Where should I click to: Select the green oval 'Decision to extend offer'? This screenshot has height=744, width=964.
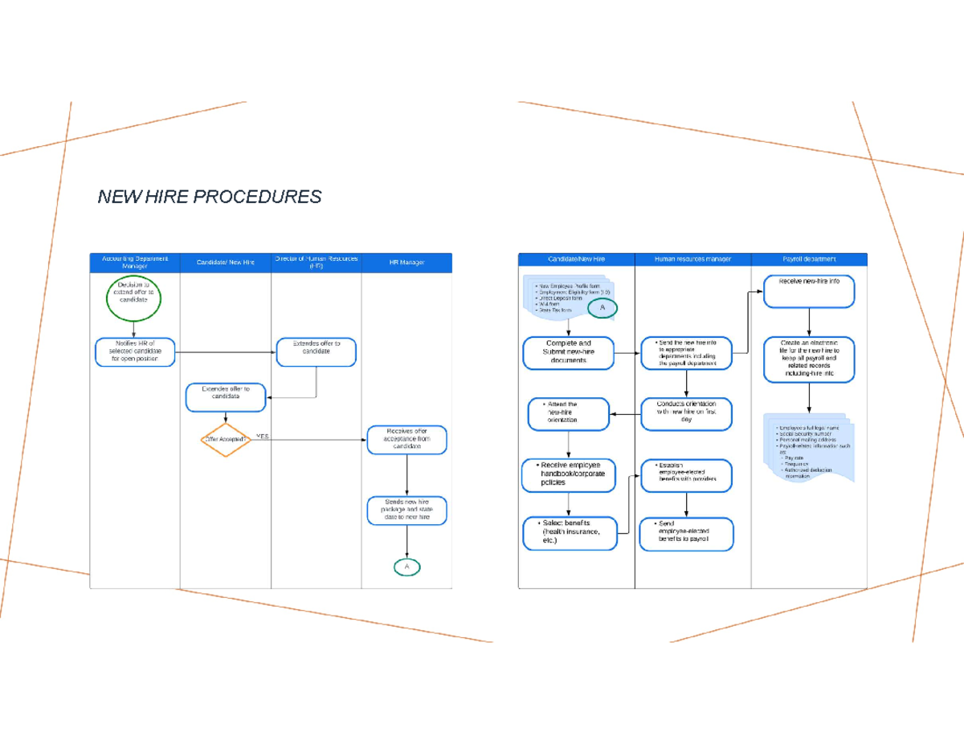point(133,297)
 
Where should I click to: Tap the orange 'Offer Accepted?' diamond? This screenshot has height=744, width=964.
point(226,439)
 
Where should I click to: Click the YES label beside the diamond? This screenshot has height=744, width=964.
point(263,437)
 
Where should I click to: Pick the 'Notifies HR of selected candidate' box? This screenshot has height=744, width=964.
point(135,352)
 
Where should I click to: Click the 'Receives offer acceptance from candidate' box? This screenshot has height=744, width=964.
point(407,440)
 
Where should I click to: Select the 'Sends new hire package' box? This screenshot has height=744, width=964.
point(407,511)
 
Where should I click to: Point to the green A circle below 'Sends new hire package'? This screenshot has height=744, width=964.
point(407,567)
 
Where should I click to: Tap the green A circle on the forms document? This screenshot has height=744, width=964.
point(602,307)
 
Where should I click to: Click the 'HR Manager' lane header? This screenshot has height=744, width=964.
point(406,262)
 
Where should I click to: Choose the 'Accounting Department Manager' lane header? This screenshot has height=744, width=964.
point(135,262)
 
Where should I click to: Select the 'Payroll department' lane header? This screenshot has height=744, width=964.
point(809,259)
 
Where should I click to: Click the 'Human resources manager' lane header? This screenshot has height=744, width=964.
point(692,259)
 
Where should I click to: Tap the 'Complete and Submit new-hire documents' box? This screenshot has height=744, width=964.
point(569,352)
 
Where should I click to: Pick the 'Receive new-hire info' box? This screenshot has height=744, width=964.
point(808,292)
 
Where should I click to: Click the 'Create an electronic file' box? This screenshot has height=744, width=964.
point(809,359)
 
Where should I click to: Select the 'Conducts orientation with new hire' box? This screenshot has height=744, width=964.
point(686,414)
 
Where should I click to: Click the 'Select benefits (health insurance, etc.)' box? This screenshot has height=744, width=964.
point(570,533)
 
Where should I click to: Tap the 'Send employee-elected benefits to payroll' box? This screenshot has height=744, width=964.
point(686,535)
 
